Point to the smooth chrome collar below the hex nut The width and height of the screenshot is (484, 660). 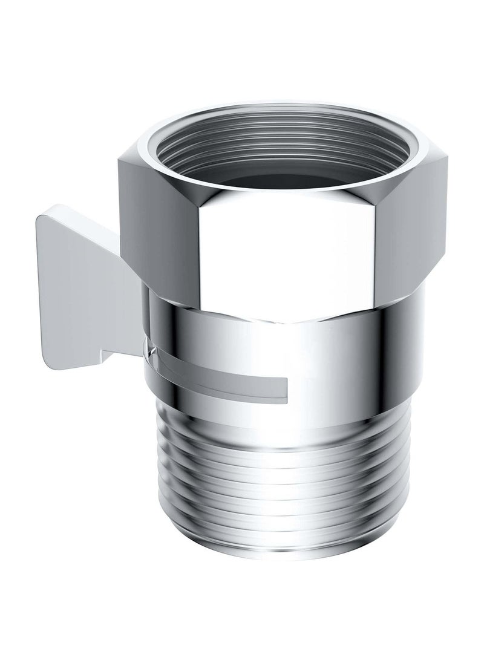tap(363, 363)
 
